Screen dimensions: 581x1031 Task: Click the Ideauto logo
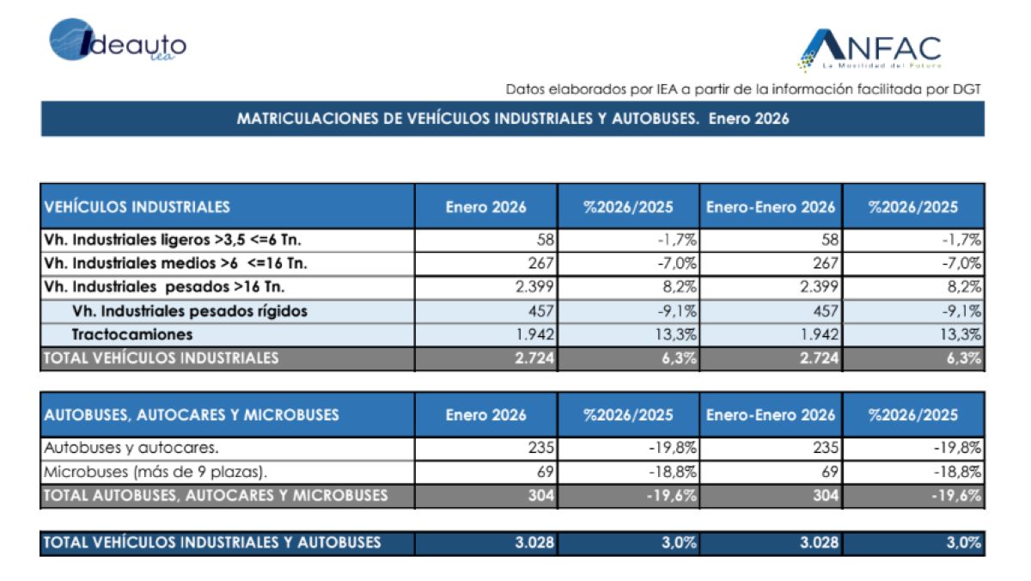118,41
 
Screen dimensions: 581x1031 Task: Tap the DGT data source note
743,89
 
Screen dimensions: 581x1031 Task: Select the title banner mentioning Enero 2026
512,119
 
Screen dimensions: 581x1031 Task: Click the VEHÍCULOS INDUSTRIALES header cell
137,206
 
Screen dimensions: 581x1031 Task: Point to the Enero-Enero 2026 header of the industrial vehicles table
771,206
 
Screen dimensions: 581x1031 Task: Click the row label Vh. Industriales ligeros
173,240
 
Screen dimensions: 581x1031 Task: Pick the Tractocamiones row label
132,334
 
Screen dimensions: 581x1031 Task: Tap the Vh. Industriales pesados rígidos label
190,311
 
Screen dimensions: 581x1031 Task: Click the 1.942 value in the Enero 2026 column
534,334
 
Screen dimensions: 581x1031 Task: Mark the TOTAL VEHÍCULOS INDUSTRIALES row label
162,358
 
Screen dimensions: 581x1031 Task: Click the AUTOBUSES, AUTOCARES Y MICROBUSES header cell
192,415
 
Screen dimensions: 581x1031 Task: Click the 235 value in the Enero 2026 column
542,448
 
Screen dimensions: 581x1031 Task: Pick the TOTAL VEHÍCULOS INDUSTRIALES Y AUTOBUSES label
212,542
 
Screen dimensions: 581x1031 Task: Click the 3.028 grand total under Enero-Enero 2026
819,542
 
